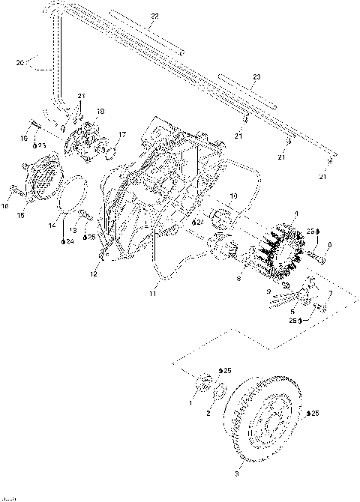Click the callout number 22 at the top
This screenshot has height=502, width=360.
(154, 16)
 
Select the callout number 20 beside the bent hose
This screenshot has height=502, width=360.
(20, 63)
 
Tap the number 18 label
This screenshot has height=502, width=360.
(100, 111)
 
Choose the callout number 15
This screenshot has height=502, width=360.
(20, 216)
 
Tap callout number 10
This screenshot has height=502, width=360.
(232, 196)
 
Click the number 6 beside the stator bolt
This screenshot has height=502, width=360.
(328, 244)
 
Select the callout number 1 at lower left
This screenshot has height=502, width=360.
(190, 402)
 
